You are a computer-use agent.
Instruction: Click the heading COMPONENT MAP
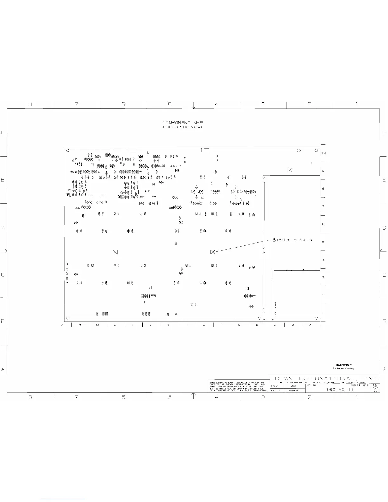(183, 123)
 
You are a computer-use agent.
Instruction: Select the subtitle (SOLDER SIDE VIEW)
(183, 127)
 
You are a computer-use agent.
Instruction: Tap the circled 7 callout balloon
(274, 240)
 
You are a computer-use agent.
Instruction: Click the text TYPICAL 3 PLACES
(294, 240)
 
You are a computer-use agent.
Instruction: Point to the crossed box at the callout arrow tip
(213, 252)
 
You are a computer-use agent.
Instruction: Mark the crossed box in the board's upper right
(289, 170)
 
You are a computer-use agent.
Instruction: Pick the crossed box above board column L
(115, 252)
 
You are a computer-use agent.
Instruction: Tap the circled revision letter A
(375, 389)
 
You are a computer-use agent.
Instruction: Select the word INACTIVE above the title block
(344, 365)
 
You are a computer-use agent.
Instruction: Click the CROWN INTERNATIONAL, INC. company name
(325, 379)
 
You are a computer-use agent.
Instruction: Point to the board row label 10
(324, 153)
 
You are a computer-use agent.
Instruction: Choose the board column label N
(80, 325)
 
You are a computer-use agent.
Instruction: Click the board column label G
(204, 325)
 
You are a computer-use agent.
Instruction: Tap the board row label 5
(323, 242)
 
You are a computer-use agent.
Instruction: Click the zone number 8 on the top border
(30, 104)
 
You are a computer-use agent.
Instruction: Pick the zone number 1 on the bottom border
(356, 397)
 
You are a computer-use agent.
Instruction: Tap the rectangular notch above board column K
(132, 150)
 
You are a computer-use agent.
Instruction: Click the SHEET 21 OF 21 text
(360, 385)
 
